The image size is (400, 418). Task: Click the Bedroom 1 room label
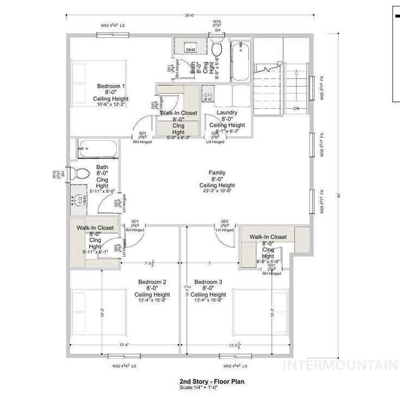(x=111, y=86)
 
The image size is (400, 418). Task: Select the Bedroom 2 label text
(x=152, y=281)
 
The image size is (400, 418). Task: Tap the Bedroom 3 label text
(x=212, y=281)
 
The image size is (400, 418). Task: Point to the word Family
(x=217, y=173)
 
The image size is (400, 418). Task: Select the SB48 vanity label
(x=190, y=50)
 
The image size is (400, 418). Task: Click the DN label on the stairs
(x=297, y=108)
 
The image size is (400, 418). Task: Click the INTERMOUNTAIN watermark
(x=342, y=365)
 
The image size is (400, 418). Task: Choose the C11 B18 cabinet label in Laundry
(x=208, y=97)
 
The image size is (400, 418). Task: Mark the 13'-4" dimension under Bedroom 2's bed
(x=125, y=345)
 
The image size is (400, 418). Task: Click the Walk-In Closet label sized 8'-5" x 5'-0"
(x=268, y=237)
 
